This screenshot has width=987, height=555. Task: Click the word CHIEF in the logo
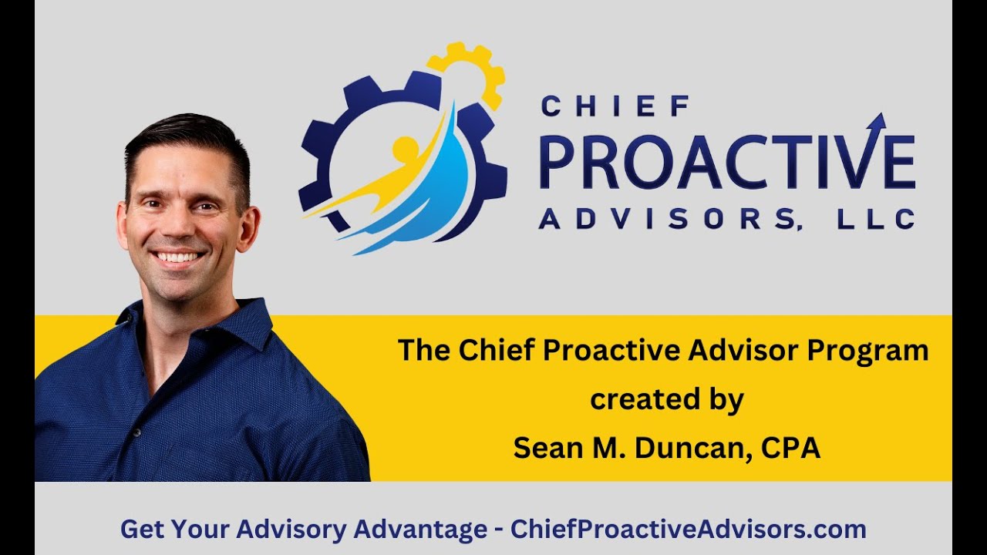pyautogui.click(x=615, y=106)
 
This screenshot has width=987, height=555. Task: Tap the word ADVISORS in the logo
pyautogui.click(x=667, y=219)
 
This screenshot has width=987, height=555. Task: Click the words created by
pyautogui.click(x=666, y=399)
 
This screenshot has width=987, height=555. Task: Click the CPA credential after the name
pyautogui.click(x=792, y=449)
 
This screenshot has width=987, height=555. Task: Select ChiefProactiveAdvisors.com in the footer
pyautogui.click(x=689, y=530)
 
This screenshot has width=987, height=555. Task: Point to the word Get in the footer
pyautogui.click(x=141, y=530)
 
